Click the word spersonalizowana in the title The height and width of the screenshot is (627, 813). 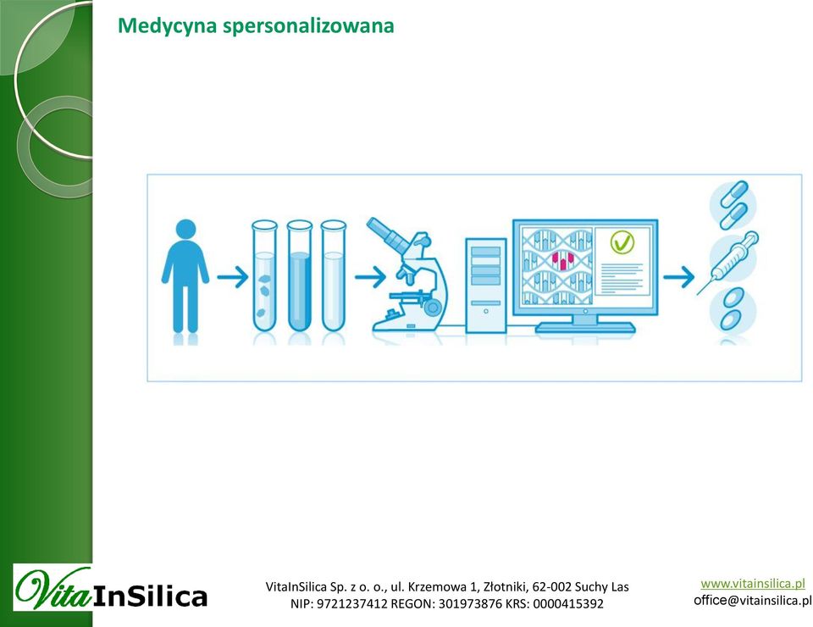(x=308, y=26)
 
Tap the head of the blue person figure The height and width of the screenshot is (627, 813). (x=185, y=230)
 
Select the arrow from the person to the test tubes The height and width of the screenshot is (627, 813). (x=233, y=277)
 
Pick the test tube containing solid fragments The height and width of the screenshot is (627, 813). (x=264, y=276)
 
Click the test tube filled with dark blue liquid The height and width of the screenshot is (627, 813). (x=299, y=276)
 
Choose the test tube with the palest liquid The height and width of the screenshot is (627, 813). (x=334, y=276)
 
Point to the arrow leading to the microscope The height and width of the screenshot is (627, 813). (x=370, y=277)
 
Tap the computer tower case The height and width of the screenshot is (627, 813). (x=486, y=286)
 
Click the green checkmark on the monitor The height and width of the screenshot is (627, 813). (x=622, y=242)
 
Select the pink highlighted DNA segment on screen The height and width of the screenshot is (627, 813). (x=562, y=260)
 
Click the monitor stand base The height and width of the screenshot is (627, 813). (x=585, y=328)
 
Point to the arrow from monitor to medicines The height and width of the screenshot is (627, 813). (x=678, y=277)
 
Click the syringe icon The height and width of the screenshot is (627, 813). (x=727, y=263)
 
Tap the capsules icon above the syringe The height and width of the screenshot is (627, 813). (x=733, y=205)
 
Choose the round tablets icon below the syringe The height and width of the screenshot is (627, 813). (x=733, y=309)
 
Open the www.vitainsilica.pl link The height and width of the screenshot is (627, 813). (x=753, y=584)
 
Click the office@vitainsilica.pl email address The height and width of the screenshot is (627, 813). (x=752, y=601)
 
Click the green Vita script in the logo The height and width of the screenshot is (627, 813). (x=53, y=588)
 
